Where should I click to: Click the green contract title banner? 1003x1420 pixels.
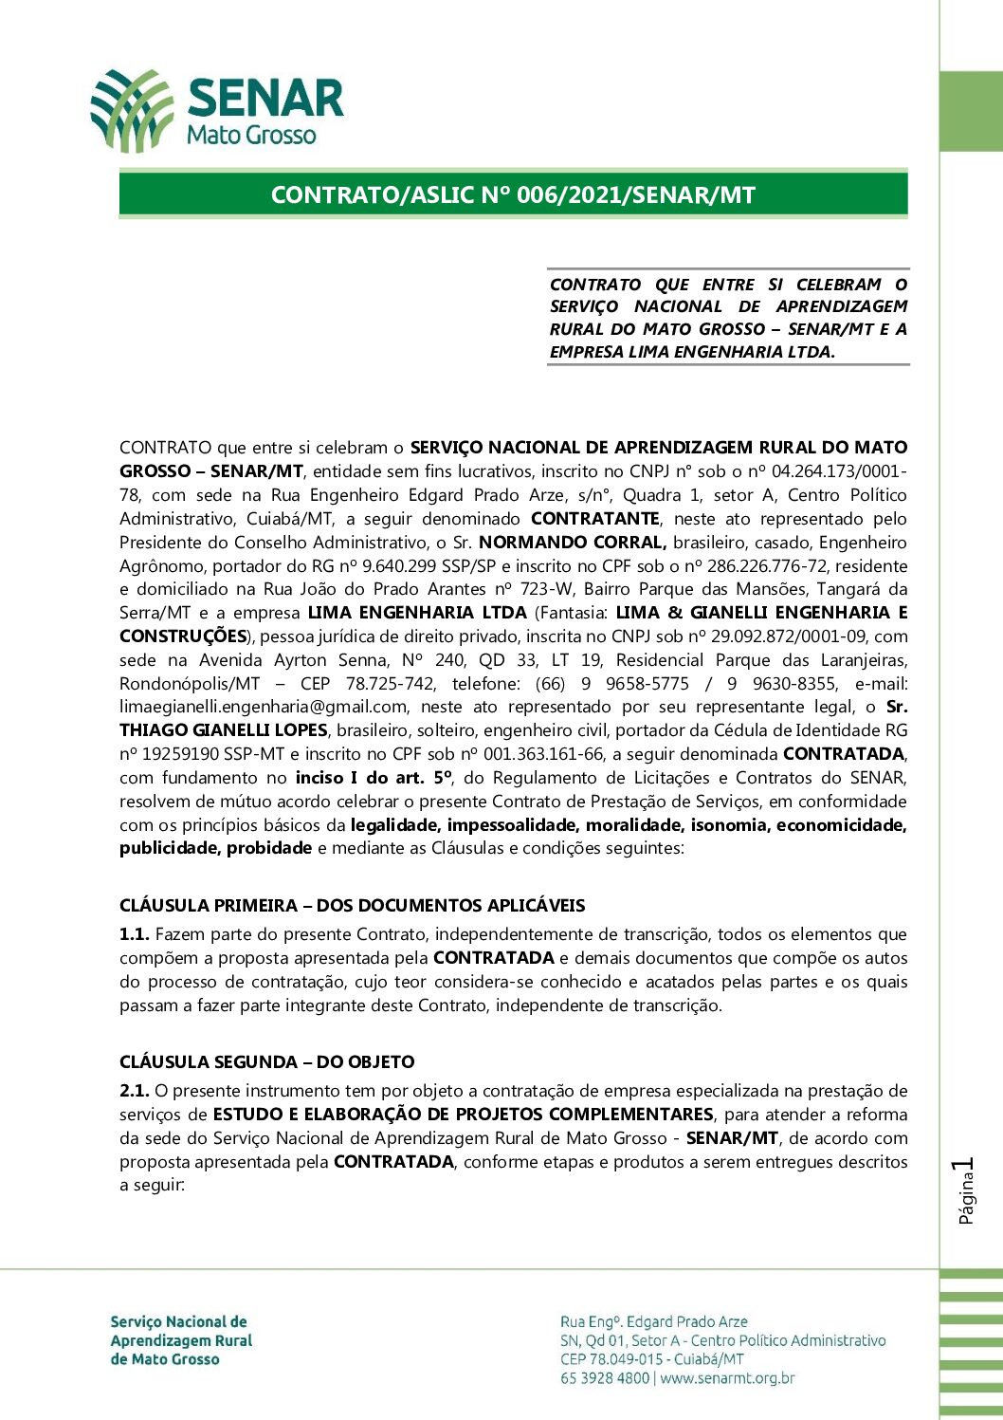coord(513,194)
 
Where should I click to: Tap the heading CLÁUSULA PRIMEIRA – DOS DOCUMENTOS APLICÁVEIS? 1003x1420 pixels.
coord(352,905)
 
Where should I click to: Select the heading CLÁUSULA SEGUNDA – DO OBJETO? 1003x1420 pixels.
coord(266,1061)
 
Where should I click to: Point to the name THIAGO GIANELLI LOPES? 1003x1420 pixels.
coord(224,730)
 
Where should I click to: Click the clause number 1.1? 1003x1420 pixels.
coord(134,934)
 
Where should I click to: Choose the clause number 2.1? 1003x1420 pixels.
coord(134,1091)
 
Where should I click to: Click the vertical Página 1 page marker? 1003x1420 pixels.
coord(966,1190)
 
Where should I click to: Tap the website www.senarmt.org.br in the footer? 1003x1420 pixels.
coord(727,1378)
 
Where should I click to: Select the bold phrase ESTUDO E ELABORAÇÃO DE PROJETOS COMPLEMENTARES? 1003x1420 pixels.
coord(463,1115)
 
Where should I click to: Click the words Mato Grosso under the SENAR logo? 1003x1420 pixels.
coord(251,135)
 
